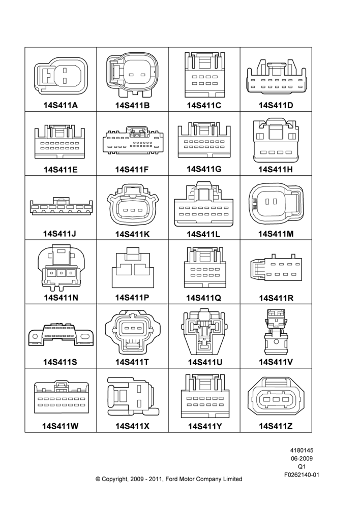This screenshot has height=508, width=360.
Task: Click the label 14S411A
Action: point(61,105)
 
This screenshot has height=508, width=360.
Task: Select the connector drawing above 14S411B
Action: point(132,75)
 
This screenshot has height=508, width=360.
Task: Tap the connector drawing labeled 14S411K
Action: point(133,204)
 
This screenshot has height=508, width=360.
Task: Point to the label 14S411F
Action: point(132,170)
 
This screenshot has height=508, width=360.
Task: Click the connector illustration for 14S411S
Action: point(61,334)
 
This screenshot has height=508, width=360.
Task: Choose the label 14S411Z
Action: point(276,426)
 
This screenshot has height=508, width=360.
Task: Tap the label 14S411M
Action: point(276,234)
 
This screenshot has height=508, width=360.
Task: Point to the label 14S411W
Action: point(61,426)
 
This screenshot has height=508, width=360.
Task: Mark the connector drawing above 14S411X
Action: point(133,397)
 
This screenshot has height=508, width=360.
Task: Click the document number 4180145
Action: point(302,450)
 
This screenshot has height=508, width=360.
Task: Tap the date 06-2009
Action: point(302,458)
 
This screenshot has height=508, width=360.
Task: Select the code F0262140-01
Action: point(302,475)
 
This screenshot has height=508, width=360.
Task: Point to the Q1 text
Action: point(302,467)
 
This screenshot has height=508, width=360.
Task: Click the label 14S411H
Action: point(276,170)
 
